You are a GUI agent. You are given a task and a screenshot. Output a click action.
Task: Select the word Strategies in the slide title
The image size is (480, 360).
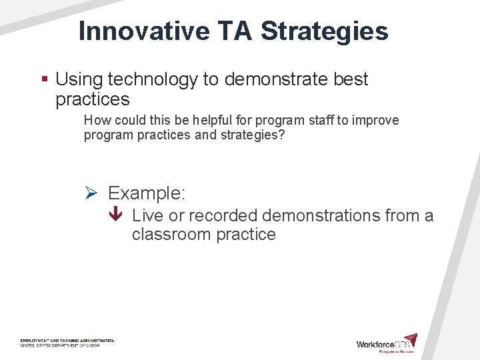tap(325, 31)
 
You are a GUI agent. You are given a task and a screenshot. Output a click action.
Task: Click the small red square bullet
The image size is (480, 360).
tap(45, 79)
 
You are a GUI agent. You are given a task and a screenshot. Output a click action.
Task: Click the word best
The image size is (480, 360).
tap(351, 79)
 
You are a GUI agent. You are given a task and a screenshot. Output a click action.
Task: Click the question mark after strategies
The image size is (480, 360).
tap(281, 135)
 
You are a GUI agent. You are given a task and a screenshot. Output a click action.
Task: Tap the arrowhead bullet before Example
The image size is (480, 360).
tap(92, 193)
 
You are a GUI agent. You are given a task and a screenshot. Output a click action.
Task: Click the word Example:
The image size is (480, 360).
tap(147, 193)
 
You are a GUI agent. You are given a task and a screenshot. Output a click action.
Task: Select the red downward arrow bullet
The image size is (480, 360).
tap(116, 215)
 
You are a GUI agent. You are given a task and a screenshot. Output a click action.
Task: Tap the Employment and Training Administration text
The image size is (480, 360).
tap(67, 341)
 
